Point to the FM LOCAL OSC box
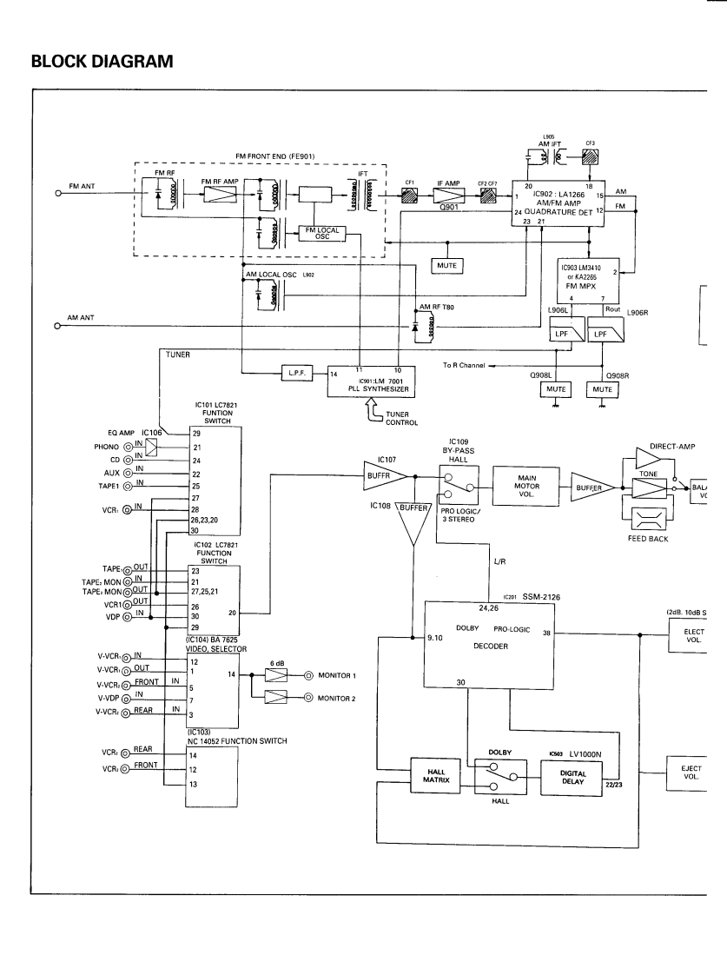tap(319, 233)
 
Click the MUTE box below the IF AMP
tap(450, 263)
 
